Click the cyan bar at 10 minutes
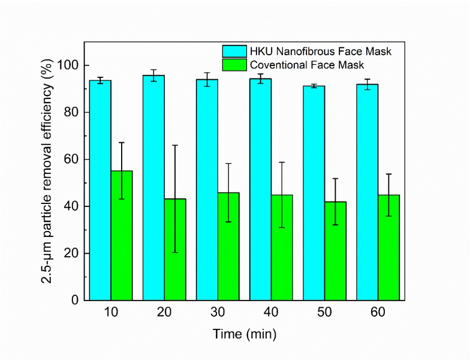pyautogui.click(x=100, y=192)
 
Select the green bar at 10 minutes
pyautogui.click(x=122, y=240)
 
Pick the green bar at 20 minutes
pyautogui.click(x=175, y=252)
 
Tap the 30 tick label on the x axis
pyautogui.click(x=218, y=313)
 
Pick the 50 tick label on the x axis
pyautogui.click(x=324, y=313)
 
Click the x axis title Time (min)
pyautogui.click(x=245, y=334)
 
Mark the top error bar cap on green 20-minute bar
pyautogui.click(x=175, y=145)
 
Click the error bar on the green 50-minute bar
pyautogui.click(x=335, y=202)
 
